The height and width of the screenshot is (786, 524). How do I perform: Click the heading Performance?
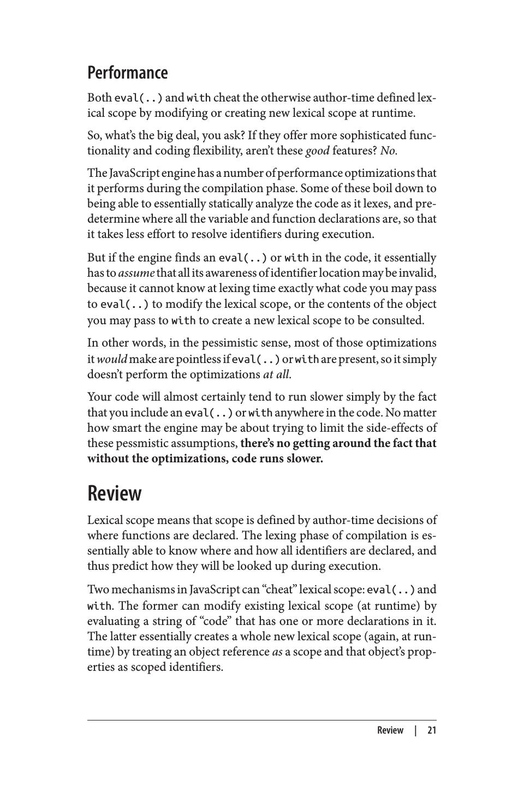coord(128,73)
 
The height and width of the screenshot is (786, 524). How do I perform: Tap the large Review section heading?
coord(115,493)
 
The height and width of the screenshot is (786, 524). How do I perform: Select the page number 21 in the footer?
coord(432,730)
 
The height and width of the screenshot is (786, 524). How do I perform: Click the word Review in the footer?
coord(390,730)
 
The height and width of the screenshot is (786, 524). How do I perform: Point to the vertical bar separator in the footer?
coord(415,730)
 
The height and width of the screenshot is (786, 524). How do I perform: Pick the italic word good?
coord(317,151)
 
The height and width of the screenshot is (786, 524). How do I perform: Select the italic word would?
coord(112,359)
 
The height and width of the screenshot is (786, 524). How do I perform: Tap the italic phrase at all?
coord(277,374)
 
